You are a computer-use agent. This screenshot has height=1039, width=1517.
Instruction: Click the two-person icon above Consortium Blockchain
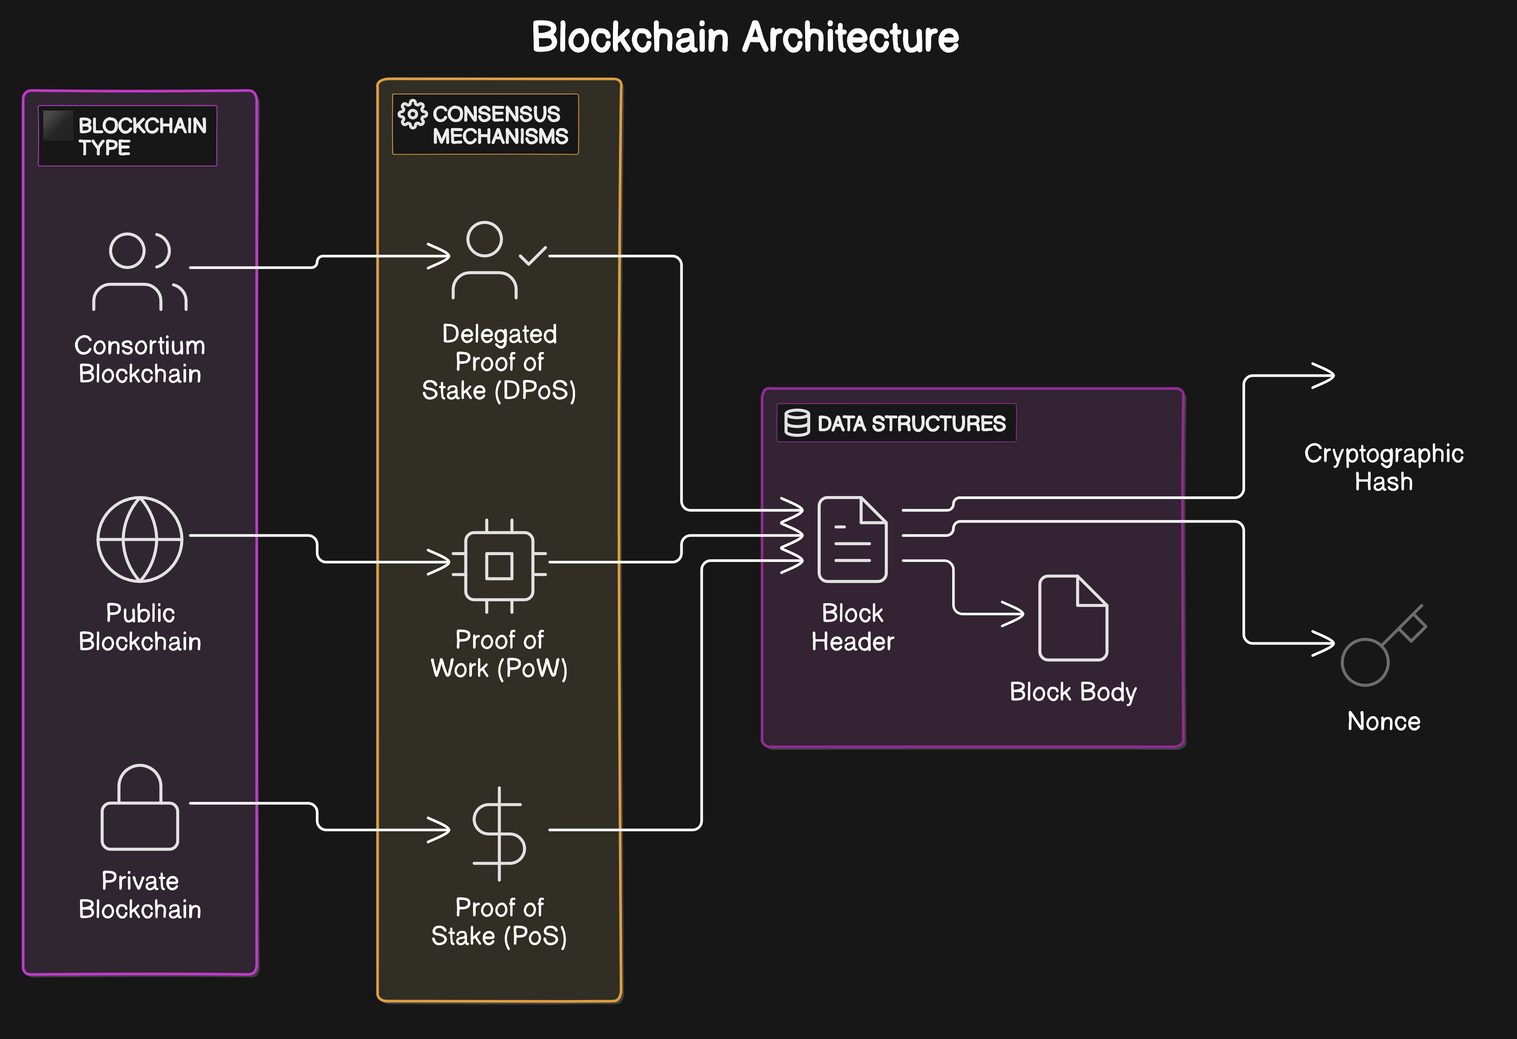[x=140, y=271]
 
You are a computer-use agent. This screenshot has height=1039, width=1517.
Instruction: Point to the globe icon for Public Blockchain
[x=140, y=539]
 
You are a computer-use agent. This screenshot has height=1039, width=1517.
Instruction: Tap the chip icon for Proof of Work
[x=499, y=566]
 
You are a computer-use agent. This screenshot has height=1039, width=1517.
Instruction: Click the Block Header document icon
[x=853, y=539]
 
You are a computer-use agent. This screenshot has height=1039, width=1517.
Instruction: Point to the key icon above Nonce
[x=1382, y=646]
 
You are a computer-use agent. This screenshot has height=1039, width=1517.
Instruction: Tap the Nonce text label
[x=1383, y=721]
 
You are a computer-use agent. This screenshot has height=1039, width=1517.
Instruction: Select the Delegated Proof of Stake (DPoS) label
[x=499, y=362]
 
